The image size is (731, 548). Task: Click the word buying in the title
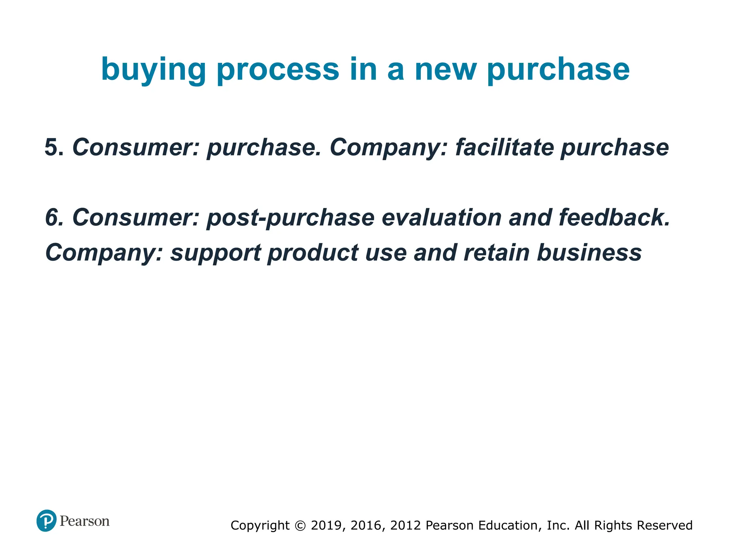153,70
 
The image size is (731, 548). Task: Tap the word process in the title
278,70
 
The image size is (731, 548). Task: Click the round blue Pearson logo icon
46,521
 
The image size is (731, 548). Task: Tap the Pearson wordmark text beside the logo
85,521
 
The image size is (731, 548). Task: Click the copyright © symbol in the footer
301,526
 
